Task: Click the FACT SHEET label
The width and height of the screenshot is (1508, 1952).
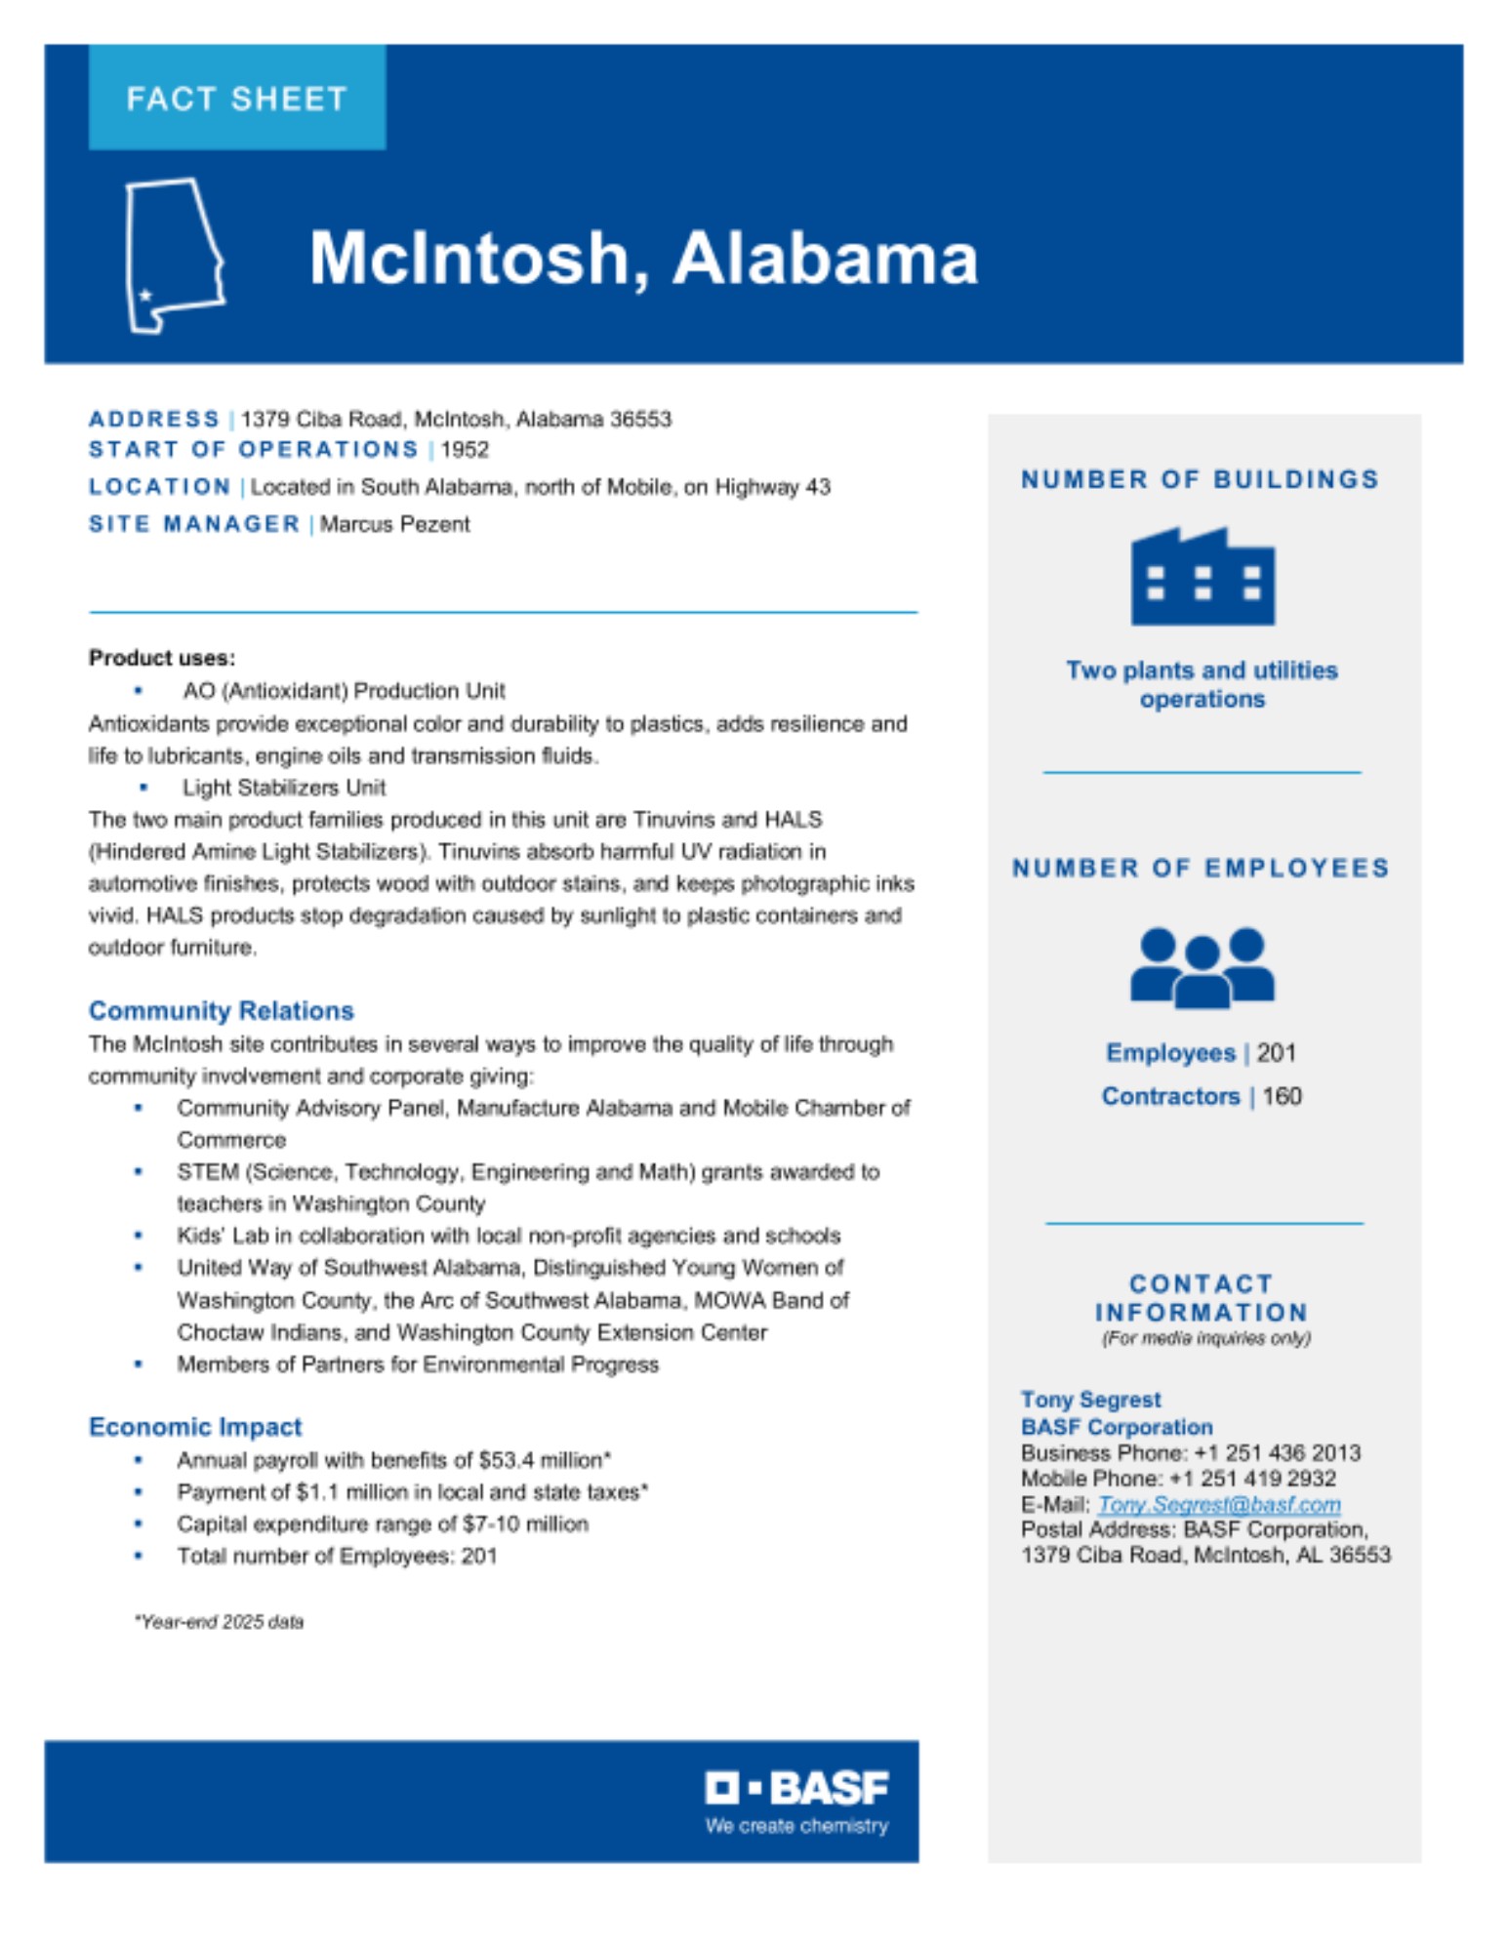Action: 236,99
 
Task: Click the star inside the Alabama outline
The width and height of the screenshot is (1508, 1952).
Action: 146,294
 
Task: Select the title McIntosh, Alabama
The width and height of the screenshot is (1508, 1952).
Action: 643,258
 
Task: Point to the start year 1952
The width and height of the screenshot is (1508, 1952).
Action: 465,450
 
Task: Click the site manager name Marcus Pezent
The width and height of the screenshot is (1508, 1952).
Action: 394,524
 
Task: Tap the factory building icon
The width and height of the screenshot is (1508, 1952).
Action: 1202,577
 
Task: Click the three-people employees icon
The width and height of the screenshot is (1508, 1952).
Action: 1202,966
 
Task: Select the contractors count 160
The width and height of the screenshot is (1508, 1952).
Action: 1282,1096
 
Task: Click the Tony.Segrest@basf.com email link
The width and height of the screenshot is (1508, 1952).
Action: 1218,1504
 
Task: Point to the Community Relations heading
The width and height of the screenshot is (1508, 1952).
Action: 221,1010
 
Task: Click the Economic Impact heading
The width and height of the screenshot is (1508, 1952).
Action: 195,1427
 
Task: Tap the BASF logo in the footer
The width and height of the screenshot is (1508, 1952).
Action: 796,1788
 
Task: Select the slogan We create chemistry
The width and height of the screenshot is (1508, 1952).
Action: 796,1825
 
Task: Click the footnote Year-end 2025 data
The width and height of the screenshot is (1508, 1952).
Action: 220,1621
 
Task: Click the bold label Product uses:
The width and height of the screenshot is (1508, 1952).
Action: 162,658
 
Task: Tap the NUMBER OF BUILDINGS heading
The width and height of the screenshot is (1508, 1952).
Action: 1200,479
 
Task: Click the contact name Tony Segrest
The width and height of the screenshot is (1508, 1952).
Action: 1090,1400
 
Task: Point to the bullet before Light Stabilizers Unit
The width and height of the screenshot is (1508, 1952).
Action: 143,788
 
